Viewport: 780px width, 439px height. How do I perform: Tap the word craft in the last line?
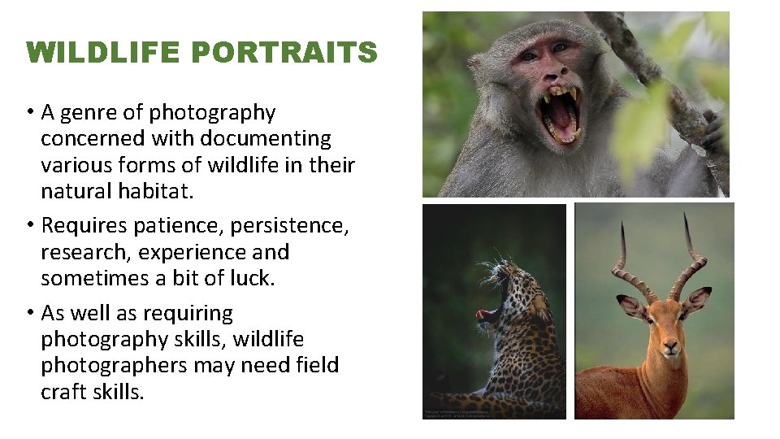pos(66,392)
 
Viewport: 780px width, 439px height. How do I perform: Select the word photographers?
pos(115,366)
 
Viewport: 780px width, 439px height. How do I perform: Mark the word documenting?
pos(265,139)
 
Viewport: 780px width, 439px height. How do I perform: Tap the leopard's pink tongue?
pos(486,313)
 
